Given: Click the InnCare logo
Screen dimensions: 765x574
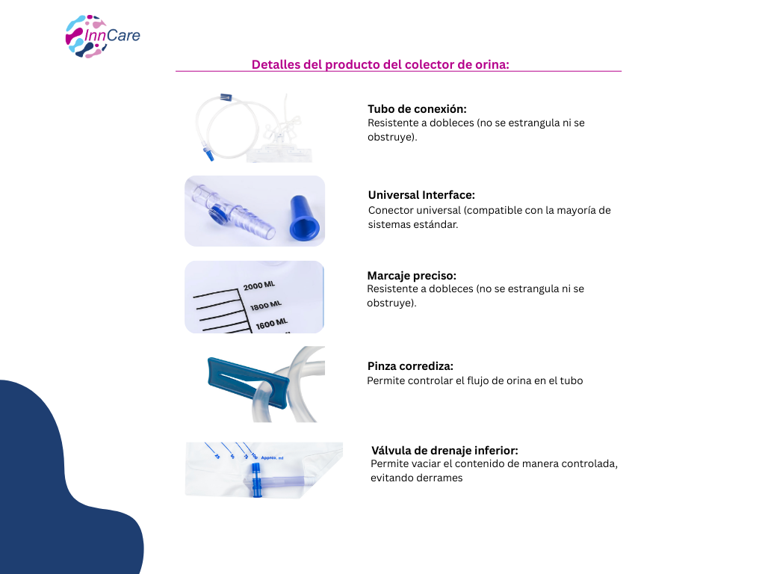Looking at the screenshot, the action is (x=102, y=37).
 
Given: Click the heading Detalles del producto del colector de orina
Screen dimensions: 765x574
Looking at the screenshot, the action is (x=380, y=64).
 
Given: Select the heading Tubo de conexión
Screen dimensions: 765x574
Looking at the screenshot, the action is (x=417, y=109).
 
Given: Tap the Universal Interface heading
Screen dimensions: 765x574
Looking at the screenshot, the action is (x=421, y=195).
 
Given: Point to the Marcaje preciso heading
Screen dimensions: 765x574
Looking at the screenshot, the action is (x=412, y=276).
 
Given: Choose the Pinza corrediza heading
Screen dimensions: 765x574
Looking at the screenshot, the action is (x=410, y=366).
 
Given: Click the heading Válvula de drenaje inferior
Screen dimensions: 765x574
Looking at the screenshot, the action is (x=445, y=451).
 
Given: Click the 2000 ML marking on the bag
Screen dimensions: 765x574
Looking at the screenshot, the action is (x=259, y=286).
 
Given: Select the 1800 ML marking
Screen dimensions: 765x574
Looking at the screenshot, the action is (x=266, y=306).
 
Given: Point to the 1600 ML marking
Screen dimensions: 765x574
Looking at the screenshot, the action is (x=272, y=324).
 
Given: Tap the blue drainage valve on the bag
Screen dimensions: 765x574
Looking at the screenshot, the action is (x=257, y=481).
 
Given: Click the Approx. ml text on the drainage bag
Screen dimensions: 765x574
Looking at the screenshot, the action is (x=272, y=458).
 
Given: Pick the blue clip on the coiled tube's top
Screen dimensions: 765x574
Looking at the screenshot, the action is (x=226, y=98).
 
